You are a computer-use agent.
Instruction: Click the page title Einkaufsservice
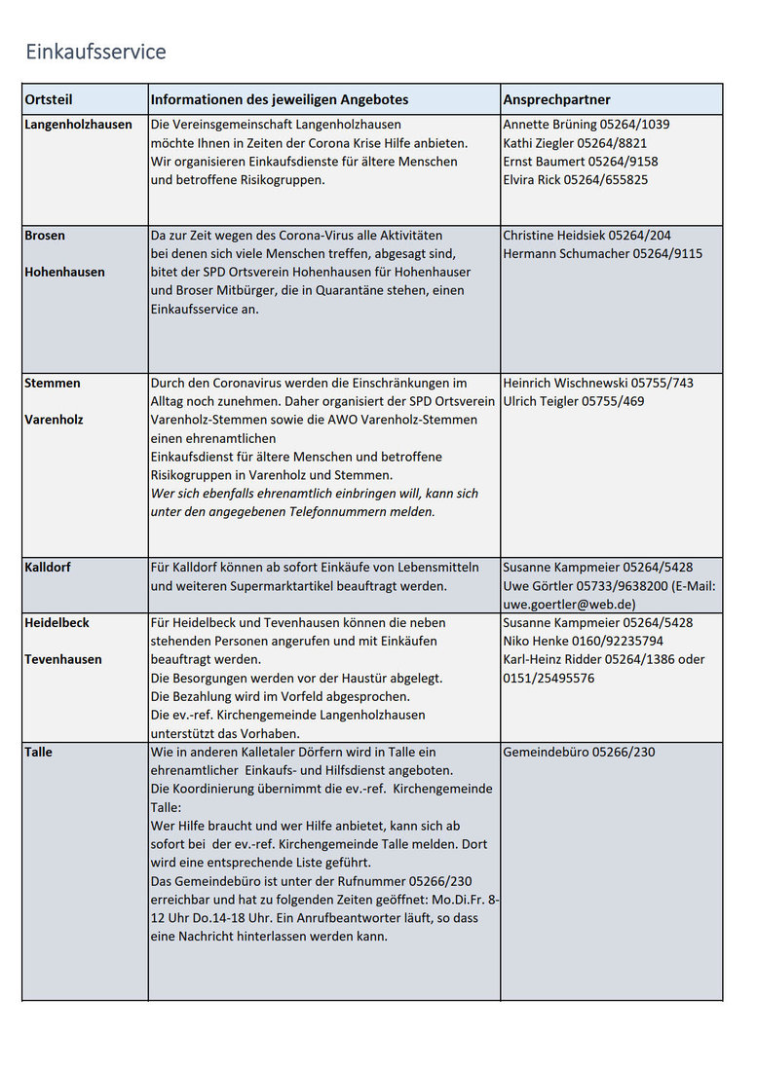95,52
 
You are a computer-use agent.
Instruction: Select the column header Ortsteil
49,99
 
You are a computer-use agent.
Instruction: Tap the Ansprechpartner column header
556,99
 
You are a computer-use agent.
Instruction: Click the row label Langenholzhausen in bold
78,125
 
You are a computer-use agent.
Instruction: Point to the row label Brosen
45,236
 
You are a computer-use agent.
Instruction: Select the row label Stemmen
53,383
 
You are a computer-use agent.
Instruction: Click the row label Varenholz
54,420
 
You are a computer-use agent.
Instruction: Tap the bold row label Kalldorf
48,567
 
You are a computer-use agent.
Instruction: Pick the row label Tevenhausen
63,659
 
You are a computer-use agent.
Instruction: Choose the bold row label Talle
39,752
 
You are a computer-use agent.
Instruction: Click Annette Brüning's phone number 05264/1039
634,125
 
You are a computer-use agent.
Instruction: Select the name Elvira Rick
532,180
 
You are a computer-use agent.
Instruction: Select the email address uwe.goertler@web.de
569,604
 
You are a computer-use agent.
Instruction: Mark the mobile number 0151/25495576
549,678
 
